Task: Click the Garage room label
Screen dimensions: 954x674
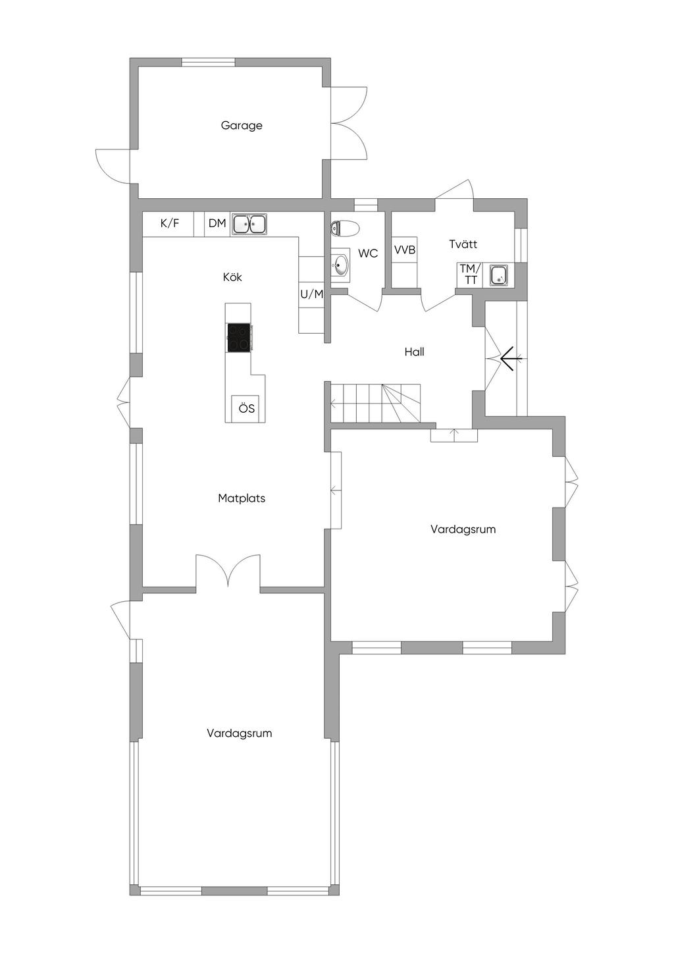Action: [x=242, y=125]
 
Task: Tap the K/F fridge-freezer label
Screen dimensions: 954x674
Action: [x=170, y=223]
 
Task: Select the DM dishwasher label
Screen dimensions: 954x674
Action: [x=217, y=223]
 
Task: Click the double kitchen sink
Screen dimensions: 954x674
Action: [x=249, y=224]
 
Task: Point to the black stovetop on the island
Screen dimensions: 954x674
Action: [x=238, y=338]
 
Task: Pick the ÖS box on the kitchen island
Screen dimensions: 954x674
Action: [x=246, y=409]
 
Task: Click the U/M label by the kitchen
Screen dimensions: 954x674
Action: [x=312, y=294]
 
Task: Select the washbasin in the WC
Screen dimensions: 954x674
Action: [x=340, y=265]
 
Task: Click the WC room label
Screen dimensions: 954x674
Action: [x=368, y=253]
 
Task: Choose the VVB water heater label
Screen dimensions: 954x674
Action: [x=405, y=250]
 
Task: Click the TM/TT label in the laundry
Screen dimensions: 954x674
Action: [x=470, y=274]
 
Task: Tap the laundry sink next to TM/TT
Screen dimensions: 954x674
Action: [x=500, y=275]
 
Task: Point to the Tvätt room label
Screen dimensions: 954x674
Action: [x=463, y=244]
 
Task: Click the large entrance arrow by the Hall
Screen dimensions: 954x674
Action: [x=510, y=359]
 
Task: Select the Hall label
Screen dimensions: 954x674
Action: [x=414, y=352]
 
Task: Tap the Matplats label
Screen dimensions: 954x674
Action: [x=242, y=498]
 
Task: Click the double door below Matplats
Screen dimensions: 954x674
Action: [x=228, y=570]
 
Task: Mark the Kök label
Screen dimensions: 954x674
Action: [x=232, y=277]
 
